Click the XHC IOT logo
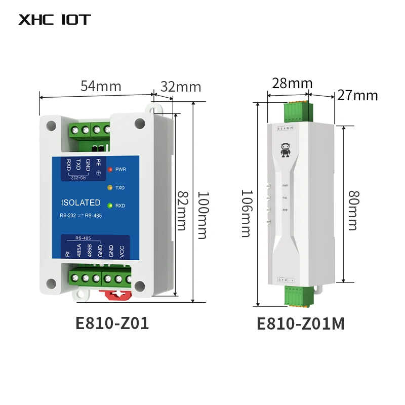click(x=55, y=20)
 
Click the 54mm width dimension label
click(x=101, y=86)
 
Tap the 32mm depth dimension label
click(x=181, y=87)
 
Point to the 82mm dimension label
click(x=181, y=210)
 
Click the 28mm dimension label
click(x=292, y=83)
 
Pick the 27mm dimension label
click(x=358, y=95)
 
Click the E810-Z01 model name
click(x=112, y=323)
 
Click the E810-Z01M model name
click(x=301, y=323)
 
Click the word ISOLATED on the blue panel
click(x=80, y=202)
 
